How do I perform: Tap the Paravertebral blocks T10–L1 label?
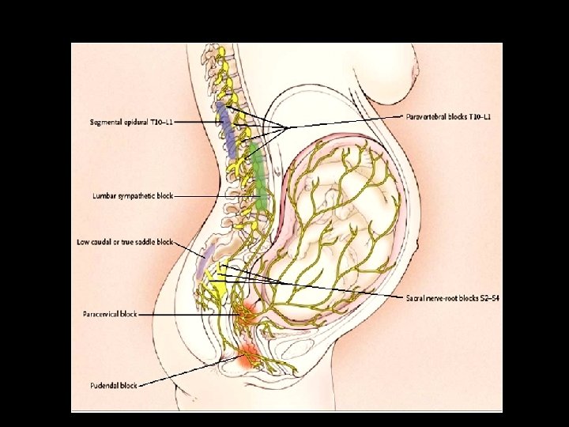(448, 116)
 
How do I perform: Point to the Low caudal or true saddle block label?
(124, 241)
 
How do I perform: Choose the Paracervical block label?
(110, 314)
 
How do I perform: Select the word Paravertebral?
(428, 116)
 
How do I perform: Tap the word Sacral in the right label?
(416, 297)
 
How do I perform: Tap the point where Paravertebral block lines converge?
(288, 127)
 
